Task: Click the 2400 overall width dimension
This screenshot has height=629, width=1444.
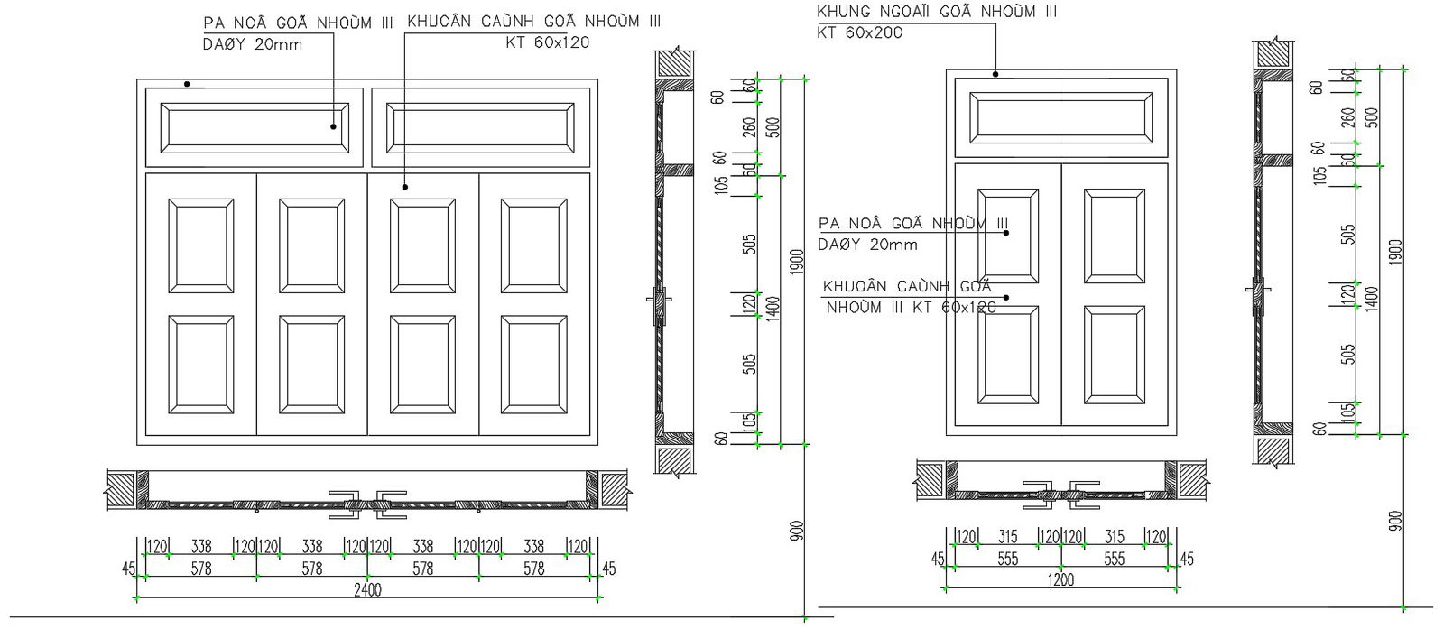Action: pyautogui.click(x=367, y=590)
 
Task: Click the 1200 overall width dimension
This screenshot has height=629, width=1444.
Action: pyautogui.click(x=1060, y=579)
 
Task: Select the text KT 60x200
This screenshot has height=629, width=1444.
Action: pyautogui.click(x=859, y=33)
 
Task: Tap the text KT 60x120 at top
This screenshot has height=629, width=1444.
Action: pyautogui.click(x=548, y=42)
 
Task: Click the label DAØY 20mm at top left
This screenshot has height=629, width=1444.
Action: pyautogui.click(x=253, y=43)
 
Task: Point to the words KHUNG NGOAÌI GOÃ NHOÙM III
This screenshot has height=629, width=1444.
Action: pyautogui.click(x=936, y=13)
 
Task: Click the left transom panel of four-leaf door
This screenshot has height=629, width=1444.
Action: pyautogui.click(x=254, y=127)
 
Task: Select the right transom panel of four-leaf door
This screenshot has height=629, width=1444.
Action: pyautogui.click(x=480, y=127)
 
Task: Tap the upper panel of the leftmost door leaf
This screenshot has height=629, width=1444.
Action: pyautogui.click(x=200, y=245)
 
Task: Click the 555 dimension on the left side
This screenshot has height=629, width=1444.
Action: pyautogui.click(x=1007, y=559)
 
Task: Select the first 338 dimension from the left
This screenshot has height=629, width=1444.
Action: pyautogui.click(x=200, y=546)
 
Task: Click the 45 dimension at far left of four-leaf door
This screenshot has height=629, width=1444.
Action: pyautogui.click(x=128, y=569)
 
